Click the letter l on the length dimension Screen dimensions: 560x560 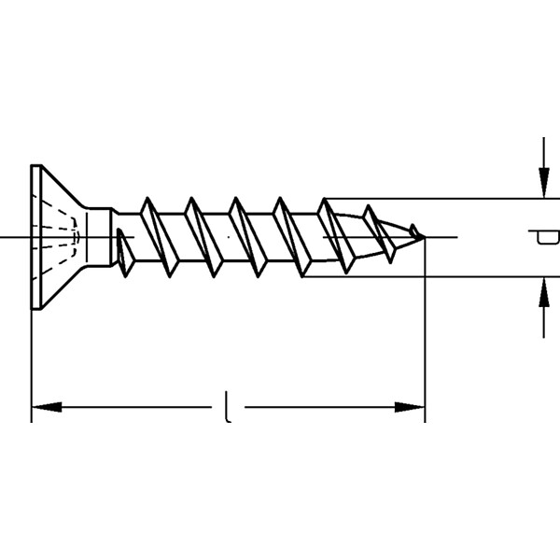click(228, 407)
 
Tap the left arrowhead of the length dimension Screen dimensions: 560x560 click(47, 407)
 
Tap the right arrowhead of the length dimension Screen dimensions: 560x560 click(410, 407)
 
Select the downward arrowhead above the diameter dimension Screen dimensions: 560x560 click(544, 183)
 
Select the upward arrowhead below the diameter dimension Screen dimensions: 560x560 click(544, 292)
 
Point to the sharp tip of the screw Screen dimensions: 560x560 click(425, 237)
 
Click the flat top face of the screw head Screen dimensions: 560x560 click(36, 237)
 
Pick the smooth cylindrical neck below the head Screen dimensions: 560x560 click(99, 237)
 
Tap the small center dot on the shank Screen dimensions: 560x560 click(229, 237)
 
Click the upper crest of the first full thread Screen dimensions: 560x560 click(147, 198)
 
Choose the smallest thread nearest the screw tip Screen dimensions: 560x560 click(414, 231)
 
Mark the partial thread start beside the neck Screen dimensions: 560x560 click(125, 253)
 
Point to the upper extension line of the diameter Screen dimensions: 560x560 click(441, 198)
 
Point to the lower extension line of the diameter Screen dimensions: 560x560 click(431, 276)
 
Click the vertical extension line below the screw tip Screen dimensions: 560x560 click(425, 329)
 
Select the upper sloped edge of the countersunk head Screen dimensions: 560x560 click(63, 186)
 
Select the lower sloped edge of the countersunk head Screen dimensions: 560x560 click(63, 287)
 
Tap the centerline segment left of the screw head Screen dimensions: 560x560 click(15, 237)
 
